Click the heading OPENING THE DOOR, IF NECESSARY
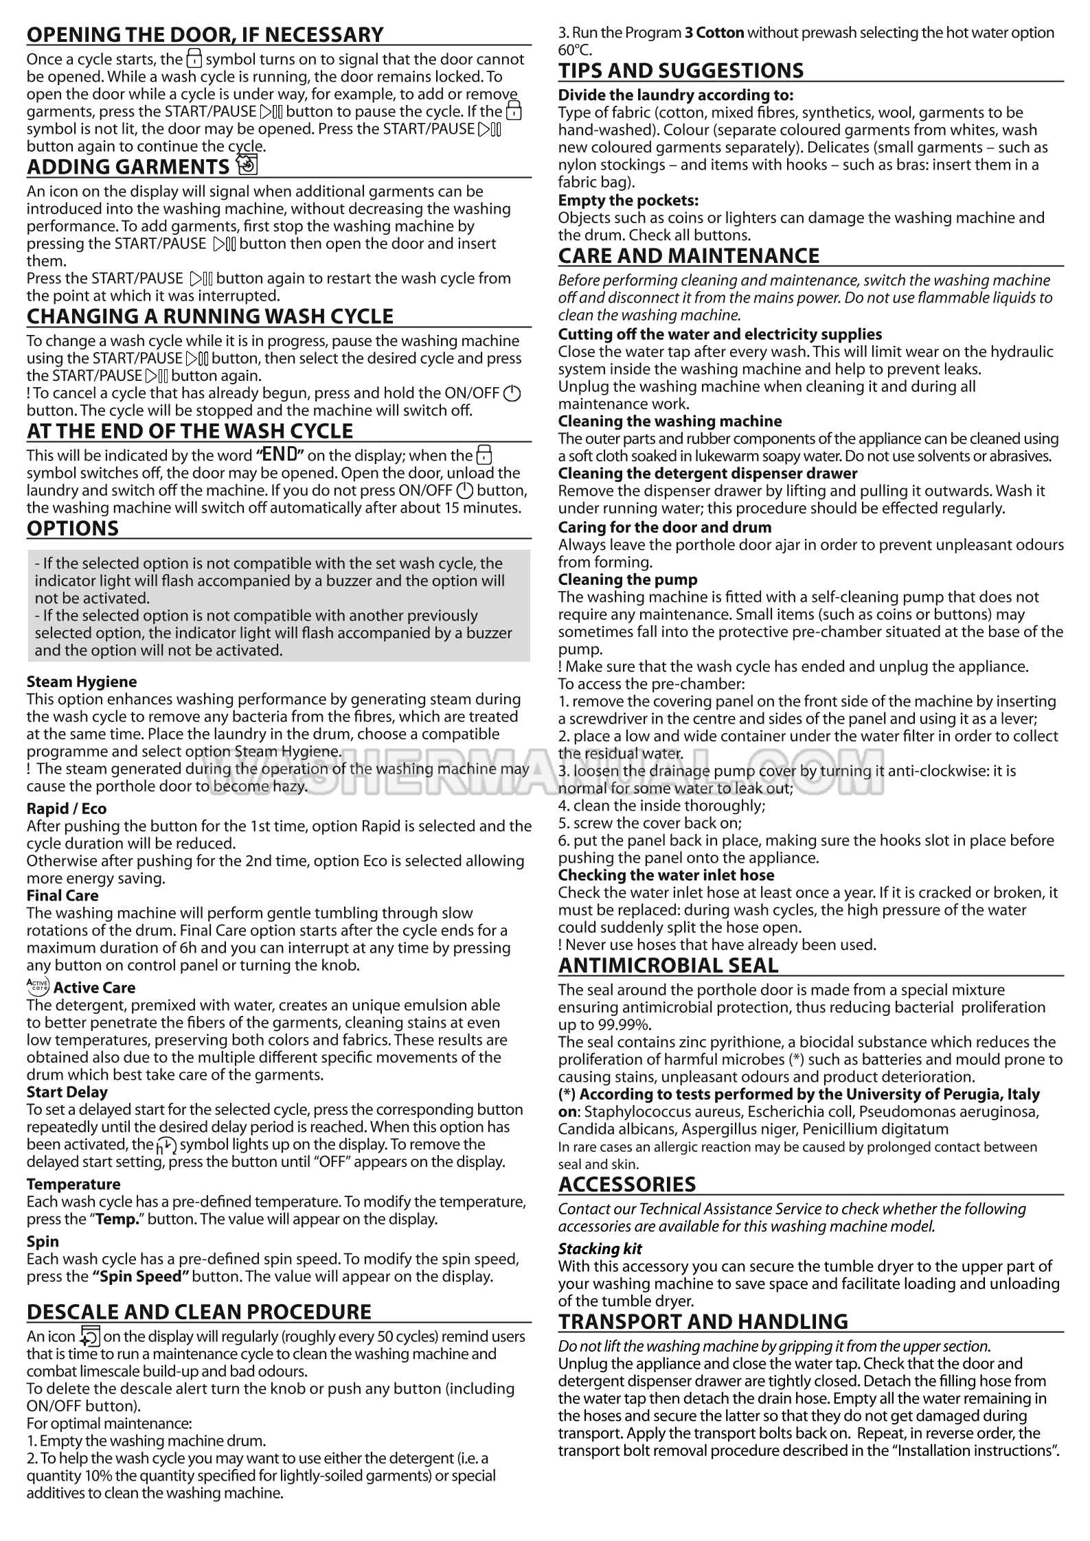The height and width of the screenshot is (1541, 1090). click(x=205, y=34)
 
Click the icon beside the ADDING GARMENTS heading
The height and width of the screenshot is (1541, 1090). click(x=246, y=165)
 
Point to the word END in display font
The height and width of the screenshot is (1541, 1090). click(x=280, y=454)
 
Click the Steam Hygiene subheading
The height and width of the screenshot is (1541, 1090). click(x=82, y=682)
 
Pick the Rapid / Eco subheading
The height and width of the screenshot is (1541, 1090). click(x=67, y=809)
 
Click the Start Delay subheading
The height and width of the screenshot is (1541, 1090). click(x=67, y=1092)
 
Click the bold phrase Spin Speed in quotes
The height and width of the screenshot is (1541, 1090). click(x=141, y=1277)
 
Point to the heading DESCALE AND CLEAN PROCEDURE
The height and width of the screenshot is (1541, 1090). click(x=199, y=1311)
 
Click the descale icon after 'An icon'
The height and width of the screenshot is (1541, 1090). click(x=90, y=1337)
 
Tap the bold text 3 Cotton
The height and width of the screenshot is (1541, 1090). click(x=714, y=32)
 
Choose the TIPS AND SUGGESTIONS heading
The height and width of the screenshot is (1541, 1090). click(x=681, y=71)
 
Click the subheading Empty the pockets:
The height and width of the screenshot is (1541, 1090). click(x=628, y=200)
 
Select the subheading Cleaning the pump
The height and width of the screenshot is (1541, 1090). click(x=628, y=579)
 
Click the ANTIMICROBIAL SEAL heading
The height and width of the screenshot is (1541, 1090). click(x=668, y=965)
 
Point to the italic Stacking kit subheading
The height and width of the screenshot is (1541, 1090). click(x=600, y=1249)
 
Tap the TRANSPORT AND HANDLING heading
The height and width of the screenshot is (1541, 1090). click(x=703, y=1321)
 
